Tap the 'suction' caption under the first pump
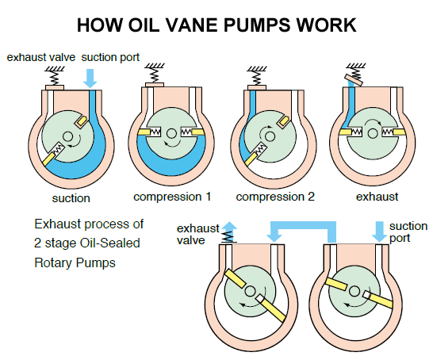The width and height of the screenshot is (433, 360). pyautogui.click(x=72, y=197)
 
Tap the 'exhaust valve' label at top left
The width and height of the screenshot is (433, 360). pyautogui.click(x=39, y=58)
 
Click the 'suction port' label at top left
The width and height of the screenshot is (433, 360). pyautogui.click(x=112, y=58)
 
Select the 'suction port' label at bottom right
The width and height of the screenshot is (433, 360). pyautogui.click(x=408, y=232)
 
